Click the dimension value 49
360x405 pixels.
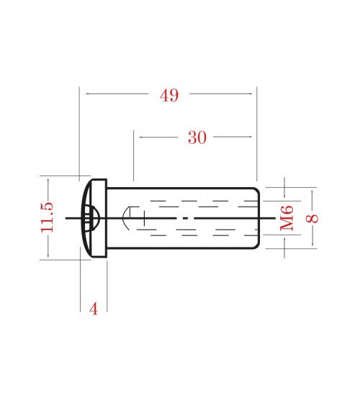click(x=169, y=96)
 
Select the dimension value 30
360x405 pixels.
click(x=197, y=138)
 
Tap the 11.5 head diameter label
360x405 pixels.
click(x=48, y=217)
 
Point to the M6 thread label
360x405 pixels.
click(x=287, y=217)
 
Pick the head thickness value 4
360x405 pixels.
click(x=93, y=309)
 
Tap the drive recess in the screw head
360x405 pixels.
click(x=91, y=217)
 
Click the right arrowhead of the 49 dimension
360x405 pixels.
click(x=253, y=94)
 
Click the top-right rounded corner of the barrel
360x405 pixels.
click(x=256, y=190)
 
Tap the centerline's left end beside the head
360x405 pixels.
click(x=67, y=217)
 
